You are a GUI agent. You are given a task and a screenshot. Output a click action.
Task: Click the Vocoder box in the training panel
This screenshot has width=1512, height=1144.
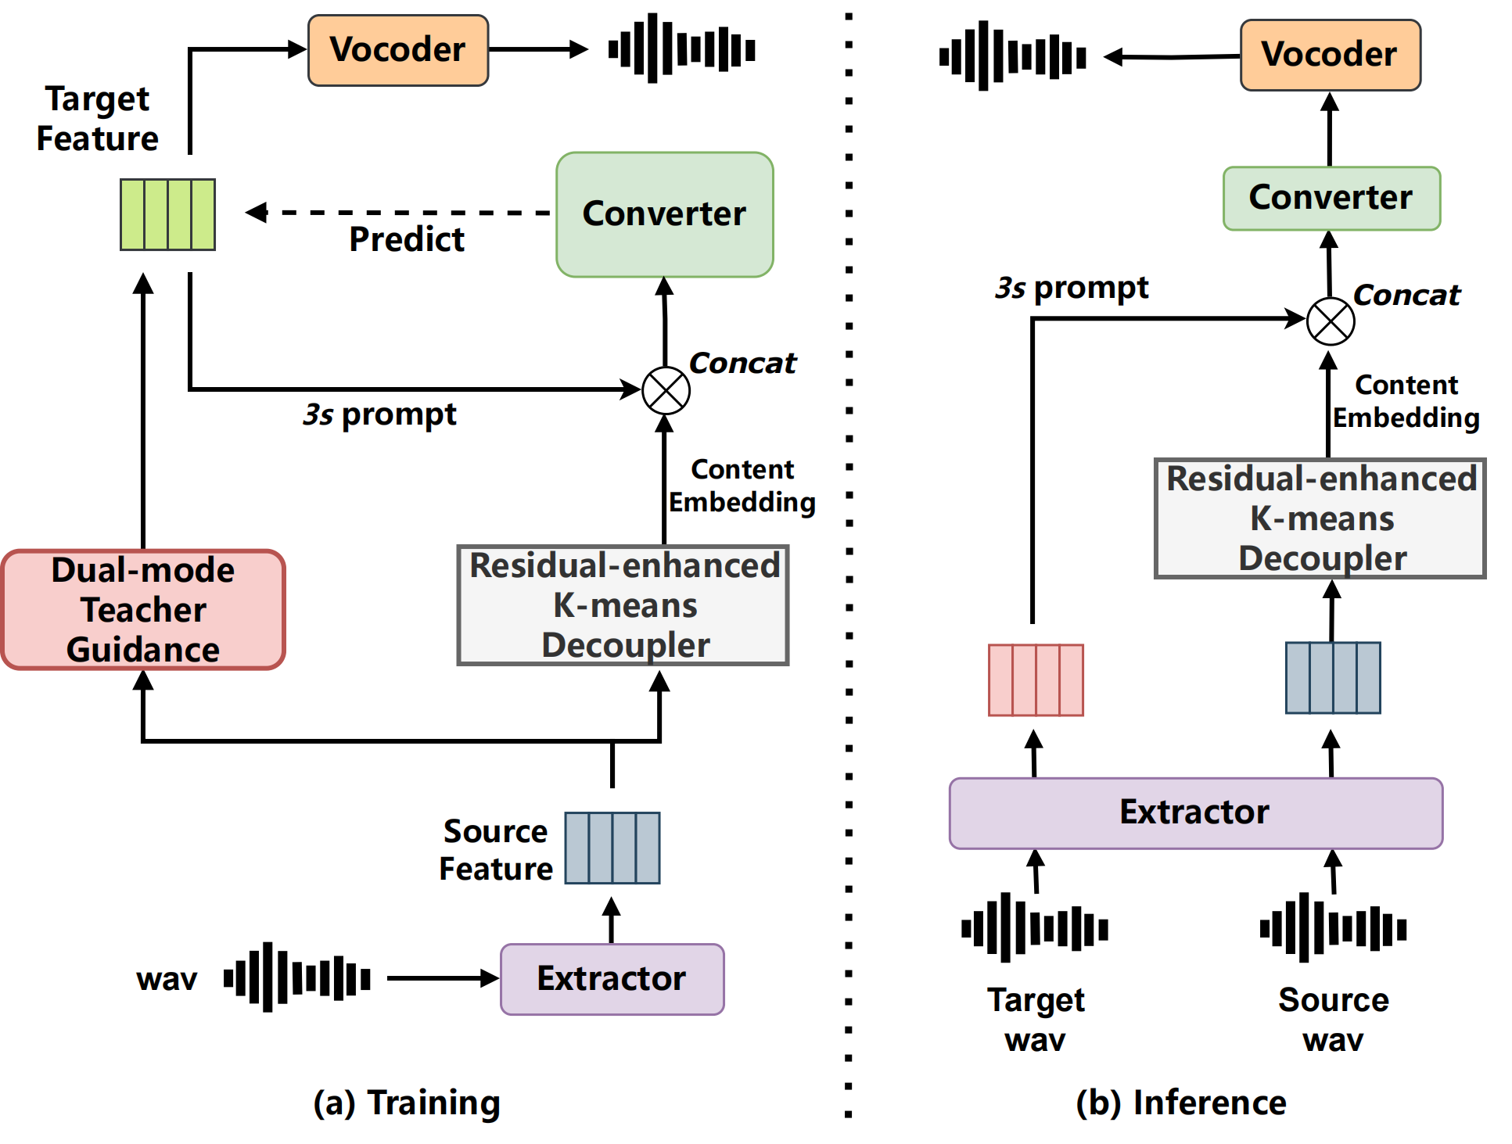(x=398, y=50)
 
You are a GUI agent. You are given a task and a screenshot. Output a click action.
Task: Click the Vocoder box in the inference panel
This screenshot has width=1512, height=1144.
(x=1331, y=55)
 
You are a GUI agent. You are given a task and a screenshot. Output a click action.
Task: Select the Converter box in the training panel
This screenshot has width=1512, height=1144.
(x=665, y=214)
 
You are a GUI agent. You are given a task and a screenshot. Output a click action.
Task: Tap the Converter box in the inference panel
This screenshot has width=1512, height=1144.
(x=1331, y=198)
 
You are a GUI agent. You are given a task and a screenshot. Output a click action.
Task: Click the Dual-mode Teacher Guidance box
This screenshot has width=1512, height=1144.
(x=143, y=610)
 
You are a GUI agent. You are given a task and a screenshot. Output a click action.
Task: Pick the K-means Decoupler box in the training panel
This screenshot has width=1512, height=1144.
(x=623, y=605)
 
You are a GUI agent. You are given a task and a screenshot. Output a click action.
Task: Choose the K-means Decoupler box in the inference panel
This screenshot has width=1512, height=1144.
(x=1320, y=518)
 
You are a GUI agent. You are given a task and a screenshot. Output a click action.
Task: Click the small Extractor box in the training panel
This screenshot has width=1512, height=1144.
(x=612, y=979)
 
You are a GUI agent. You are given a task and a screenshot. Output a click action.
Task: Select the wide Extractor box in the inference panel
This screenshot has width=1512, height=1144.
(x=1196, y=813)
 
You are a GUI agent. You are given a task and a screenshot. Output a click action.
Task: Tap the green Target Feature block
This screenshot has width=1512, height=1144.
(x=167, y=214)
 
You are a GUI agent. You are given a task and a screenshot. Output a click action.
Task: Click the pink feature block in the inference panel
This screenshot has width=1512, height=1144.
(x=1036, y=680)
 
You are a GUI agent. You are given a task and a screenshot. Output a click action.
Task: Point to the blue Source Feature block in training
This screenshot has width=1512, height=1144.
(x=612, y=848)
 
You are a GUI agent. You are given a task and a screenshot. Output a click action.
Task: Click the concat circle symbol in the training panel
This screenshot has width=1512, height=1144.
(x=666, y=391)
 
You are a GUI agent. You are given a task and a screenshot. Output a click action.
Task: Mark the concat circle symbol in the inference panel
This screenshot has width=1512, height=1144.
(x=1331, y=321)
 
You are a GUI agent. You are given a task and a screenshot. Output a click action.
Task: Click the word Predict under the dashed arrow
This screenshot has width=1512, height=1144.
(x=407, y=239)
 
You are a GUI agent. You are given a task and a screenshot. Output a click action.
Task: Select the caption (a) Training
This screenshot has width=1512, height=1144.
(x=407, y=1103)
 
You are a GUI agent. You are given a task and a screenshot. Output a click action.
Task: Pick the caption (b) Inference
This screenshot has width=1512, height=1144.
(x=1181, y=1103)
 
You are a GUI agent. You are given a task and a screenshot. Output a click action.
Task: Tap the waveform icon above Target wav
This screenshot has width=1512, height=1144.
(x=1035, y=928)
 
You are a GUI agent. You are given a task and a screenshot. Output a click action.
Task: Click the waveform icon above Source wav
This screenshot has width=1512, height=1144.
(x=1334, y=928)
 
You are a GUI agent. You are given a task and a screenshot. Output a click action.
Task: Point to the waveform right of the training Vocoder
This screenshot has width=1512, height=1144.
(x=682, y=48)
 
